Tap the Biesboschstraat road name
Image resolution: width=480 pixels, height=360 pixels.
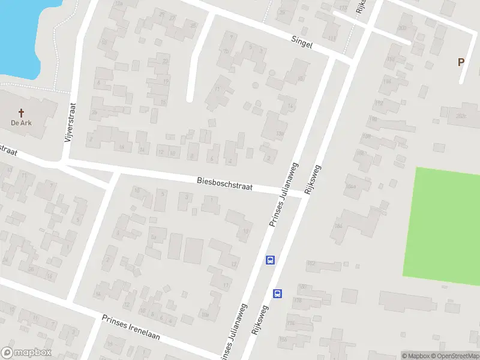pyautogui.click(x=224, y=183)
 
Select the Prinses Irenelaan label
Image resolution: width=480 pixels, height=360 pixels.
pyautogui.click(x=130, y=327)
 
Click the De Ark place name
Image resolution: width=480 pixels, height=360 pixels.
pyautogui.click(x=21, y=123)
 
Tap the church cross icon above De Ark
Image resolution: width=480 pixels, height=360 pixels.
pyautogui.click(x=22, y=112)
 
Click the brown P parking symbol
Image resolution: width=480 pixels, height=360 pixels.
pyautogui.click(x=461, y=61)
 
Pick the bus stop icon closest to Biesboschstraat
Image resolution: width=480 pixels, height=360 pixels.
pyautogui.click(x=271, y=260)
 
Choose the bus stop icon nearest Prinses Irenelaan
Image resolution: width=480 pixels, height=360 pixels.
pyautogui.click(x=278, y=293)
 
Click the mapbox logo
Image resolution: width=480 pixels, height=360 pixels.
pyautogui.click(x=26, y=353)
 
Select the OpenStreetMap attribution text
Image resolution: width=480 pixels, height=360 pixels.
pyautogui.click(x=457, y=356)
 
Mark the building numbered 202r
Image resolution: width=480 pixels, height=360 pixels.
pyautogui.click(x=460, y=115)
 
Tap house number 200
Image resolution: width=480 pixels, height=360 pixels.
pyautogui.click(x=401, y=28)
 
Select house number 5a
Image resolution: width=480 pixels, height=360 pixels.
pyautogui.click(x=153, y=238)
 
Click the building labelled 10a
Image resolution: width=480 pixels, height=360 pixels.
pyautogui.click(x=205, y=314)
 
